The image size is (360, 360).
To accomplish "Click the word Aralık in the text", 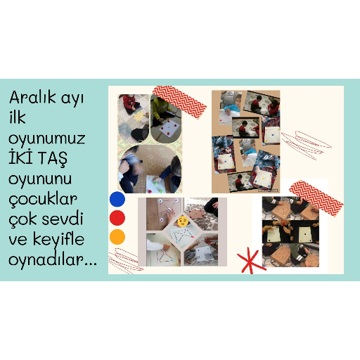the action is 32,97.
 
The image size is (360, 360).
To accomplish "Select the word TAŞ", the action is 53,159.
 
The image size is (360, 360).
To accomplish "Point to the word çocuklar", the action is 43,200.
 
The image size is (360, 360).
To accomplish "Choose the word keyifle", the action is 58,240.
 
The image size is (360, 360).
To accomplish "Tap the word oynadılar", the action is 53,259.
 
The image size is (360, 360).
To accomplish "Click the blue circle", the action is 117,199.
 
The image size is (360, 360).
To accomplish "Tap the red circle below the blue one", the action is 117,218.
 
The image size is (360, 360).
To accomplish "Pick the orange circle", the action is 117,237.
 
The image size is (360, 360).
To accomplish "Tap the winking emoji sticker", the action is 183,221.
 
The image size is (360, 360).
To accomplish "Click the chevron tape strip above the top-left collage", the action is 179,102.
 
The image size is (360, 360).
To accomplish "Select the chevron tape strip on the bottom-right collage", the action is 316,198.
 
